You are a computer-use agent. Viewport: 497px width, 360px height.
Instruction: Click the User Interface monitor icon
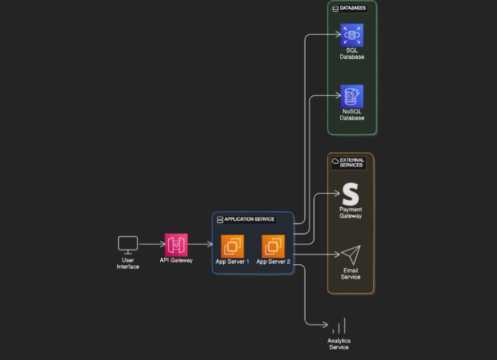pos(128,244)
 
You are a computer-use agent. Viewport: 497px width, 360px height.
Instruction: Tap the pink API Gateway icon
pos(176,245)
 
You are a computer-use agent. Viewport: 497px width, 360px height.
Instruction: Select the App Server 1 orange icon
pos(232,246)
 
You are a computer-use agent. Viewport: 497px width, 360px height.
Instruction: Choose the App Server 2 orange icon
pos(273,246)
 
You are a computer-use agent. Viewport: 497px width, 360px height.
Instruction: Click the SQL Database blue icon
pos(352,35)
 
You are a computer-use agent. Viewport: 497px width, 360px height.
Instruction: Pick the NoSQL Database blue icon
pos(352,96)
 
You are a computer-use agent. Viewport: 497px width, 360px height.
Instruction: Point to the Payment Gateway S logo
pos(350,194)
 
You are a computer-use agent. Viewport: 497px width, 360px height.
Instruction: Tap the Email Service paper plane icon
pos(350,255)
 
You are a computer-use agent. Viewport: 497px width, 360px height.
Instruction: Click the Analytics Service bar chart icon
pos(339,326)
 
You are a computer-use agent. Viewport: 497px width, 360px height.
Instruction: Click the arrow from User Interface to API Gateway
pos(152,244)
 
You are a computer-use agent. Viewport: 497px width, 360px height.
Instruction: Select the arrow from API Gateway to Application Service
pos(200,244)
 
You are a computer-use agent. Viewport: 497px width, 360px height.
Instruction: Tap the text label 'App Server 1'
pos(232,262)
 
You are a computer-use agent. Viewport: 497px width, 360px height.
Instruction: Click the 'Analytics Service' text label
pos(339,344)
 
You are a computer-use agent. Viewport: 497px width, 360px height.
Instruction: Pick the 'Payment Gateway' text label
pos(350,213)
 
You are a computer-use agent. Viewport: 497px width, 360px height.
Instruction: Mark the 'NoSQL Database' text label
pos(352,115)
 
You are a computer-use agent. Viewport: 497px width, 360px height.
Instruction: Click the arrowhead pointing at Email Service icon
pos(337,254)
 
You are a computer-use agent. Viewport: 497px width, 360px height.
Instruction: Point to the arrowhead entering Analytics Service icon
pos(326,324)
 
